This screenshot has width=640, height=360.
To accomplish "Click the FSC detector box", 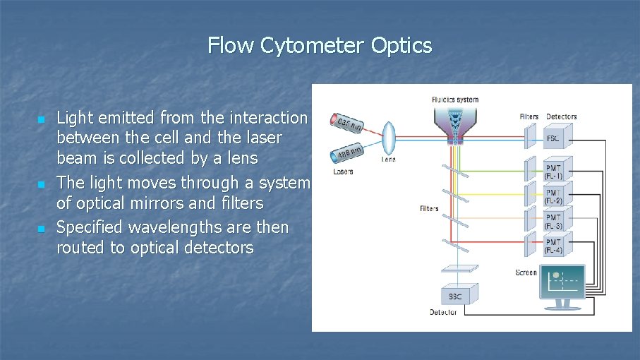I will [x=554, y=137].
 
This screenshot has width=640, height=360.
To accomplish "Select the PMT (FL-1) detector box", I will [x=554, y=171].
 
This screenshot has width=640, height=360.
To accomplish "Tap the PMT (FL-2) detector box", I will [x=554, y=196].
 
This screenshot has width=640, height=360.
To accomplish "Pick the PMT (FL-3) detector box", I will [x=554, y=220].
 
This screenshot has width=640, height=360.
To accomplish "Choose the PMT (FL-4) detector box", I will [x=554, y=244].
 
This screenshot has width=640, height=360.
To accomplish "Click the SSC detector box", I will [x=456, y=295].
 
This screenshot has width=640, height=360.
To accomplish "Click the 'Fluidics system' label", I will [x=454, y=100].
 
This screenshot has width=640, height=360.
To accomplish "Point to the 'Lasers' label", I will [x=343, y=172].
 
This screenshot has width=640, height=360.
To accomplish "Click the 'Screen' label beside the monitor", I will [x=526, y=272].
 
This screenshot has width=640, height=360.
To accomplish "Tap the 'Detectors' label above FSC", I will [x=561, y=116].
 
